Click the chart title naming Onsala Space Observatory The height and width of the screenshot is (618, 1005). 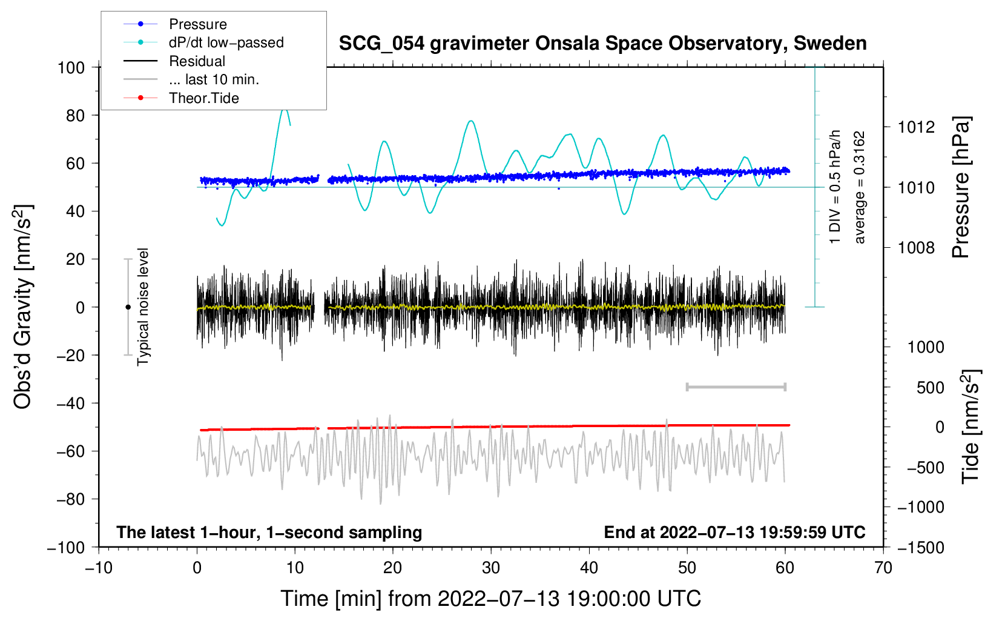point(602,44)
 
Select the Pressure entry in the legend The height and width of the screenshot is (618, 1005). point(197,24)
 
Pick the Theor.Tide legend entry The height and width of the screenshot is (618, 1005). point(203,98)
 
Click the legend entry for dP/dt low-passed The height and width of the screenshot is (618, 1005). point(226,42)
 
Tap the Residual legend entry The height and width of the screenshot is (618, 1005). point(197,61)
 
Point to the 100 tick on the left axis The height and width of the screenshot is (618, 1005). point(71,67)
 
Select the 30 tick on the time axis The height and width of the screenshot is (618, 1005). point(491,568)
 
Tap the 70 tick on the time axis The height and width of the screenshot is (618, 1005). point(883,568)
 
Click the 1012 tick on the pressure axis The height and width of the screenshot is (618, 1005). point(916,127)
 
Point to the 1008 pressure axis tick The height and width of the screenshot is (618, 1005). point(916,247)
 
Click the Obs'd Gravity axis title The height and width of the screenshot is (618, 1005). point(23,307)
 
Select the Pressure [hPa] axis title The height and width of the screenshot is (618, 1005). point(961,187)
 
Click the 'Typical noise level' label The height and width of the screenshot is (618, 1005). point(143,307)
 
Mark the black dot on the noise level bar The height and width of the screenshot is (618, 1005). point(128,307)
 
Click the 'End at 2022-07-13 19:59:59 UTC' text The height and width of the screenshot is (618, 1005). point(734,532)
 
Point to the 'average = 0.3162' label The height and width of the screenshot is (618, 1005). point(859,187)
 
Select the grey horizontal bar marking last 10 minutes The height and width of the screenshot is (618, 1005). point(736,387)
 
